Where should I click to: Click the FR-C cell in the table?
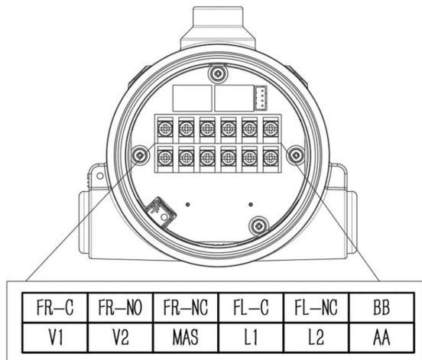55,307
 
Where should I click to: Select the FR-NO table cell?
120,307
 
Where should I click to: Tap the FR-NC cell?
186,307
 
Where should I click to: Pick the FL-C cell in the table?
251,307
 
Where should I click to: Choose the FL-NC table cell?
316,307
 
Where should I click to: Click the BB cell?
381,307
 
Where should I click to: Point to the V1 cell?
55,337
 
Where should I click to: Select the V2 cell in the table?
120,337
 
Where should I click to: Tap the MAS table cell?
186,337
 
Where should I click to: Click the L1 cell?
251,337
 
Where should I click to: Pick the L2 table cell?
316,337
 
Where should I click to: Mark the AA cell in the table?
381,337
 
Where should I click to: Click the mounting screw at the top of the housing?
217,73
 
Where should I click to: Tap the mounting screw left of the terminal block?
141,155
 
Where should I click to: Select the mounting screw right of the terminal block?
296,154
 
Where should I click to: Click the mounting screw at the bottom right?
259,226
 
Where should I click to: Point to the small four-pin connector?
261,98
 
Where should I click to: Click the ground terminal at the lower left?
161,212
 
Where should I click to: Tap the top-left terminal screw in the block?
165,128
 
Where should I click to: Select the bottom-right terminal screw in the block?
271,157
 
